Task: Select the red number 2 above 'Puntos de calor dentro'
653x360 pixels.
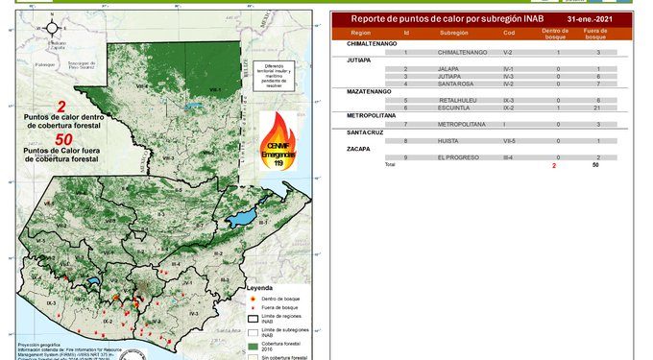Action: (61, 107)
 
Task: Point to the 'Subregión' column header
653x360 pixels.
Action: (453, 33)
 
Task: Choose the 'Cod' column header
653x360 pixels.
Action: (509, 33)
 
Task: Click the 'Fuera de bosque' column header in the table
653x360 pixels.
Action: (596, 33)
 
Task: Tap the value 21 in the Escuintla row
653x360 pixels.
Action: (596, 107)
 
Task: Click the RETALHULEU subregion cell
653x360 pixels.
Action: (457, 100)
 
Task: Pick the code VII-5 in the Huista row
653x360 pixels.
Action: (509, 141)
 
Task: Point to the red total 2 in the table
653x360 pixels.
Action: (553, 165)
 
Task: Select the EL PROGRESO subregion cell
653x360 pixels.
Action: (456, 157)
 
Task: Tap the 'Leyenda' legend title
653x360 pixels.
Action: (260, 287)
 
